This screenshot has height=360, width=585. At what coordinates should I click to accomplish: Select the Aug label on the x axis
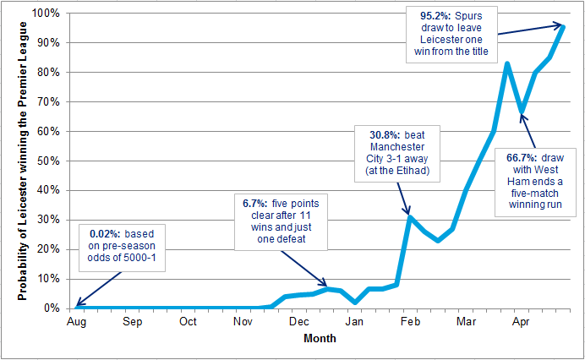[76, 322]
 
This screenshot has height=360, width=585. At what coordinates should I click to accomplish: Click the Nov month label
[243, 322]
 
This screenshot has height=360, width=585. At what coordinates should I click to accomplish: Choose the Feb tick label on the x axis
[410, 322]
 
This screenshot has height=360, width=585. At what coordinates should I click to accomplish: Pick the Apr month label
[521, 322]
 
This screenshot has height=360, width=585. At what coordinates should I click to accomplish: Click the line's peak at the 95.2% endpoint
[564, 26]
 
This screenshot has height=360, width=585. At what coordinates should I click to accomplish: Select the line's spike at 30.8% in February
[410, 217]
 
